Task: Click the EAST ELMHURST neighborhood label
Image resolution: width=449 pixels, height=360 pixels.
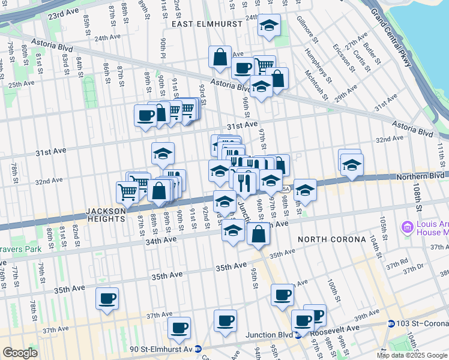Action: coord(206,24)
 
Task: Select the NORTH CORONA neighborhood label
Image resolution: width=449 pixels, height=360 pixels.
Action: coord(332,239)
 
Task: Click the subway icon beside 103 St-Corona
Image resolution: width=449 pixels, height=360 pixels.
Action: coord(391,324)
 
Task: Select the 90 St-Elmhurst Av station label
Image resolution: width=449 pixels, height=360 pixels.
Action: coord(164,349)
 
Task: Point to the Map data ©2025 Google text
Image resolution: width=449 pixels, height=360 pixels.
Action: coord(411,355)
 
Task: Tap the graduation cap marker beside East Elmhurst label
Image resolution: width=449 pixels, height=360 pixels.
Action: coord(269,26)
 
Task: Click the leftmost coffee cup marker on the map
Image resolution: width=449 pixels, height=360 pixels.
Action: coord(107,298)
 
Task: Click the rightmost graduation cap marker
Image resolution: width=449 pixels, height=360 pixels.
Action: coord(352,164)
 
